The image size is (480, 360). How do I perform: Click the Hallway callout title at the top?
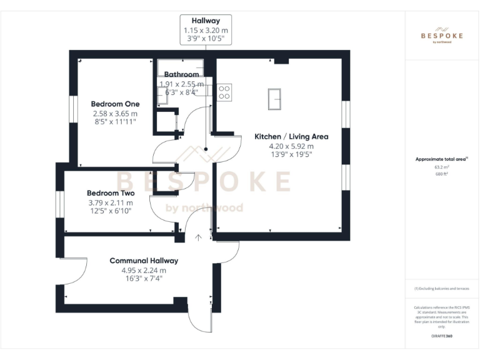point(206,21)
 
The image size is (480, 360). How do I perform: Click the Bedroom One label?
point(115,104)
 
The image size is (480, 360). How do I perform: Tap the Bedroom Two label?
point(110,193)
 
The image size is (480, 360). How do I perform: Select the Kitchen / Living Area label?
point(291,136)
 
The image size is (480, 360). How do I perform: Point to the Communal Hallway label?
point(144,261)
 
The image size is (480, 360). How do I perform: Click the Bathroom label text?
point(181,74)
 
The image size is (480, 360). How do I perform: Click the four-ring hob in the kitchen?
point(224,92)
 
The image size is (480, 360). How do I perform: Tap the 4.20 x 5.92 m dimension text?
point(291,146)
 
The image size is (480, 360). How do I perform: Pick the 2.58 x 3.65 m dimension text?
point(115,114)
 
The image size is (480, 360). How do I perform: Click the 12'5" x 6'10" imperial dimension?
point(110,212)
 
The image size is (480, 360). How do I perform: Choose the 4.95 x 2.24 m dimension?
point(144,271)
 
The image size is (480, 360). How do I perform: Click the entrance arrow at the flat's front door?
point(199,237)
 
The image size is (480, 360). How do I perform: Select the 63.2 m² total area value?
point(441,167)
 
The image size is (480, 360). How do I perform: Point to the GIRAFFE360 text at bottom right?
point(441,336)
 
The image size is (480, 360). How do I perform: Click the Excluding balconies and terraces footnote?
point(441,289)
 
